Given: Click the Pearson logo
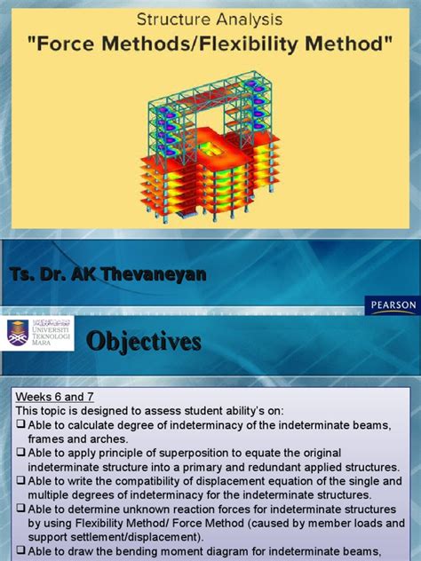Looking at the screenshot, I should tap(392, 305).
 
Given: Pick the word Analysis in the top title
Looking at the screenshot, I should tap(253, 17).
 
